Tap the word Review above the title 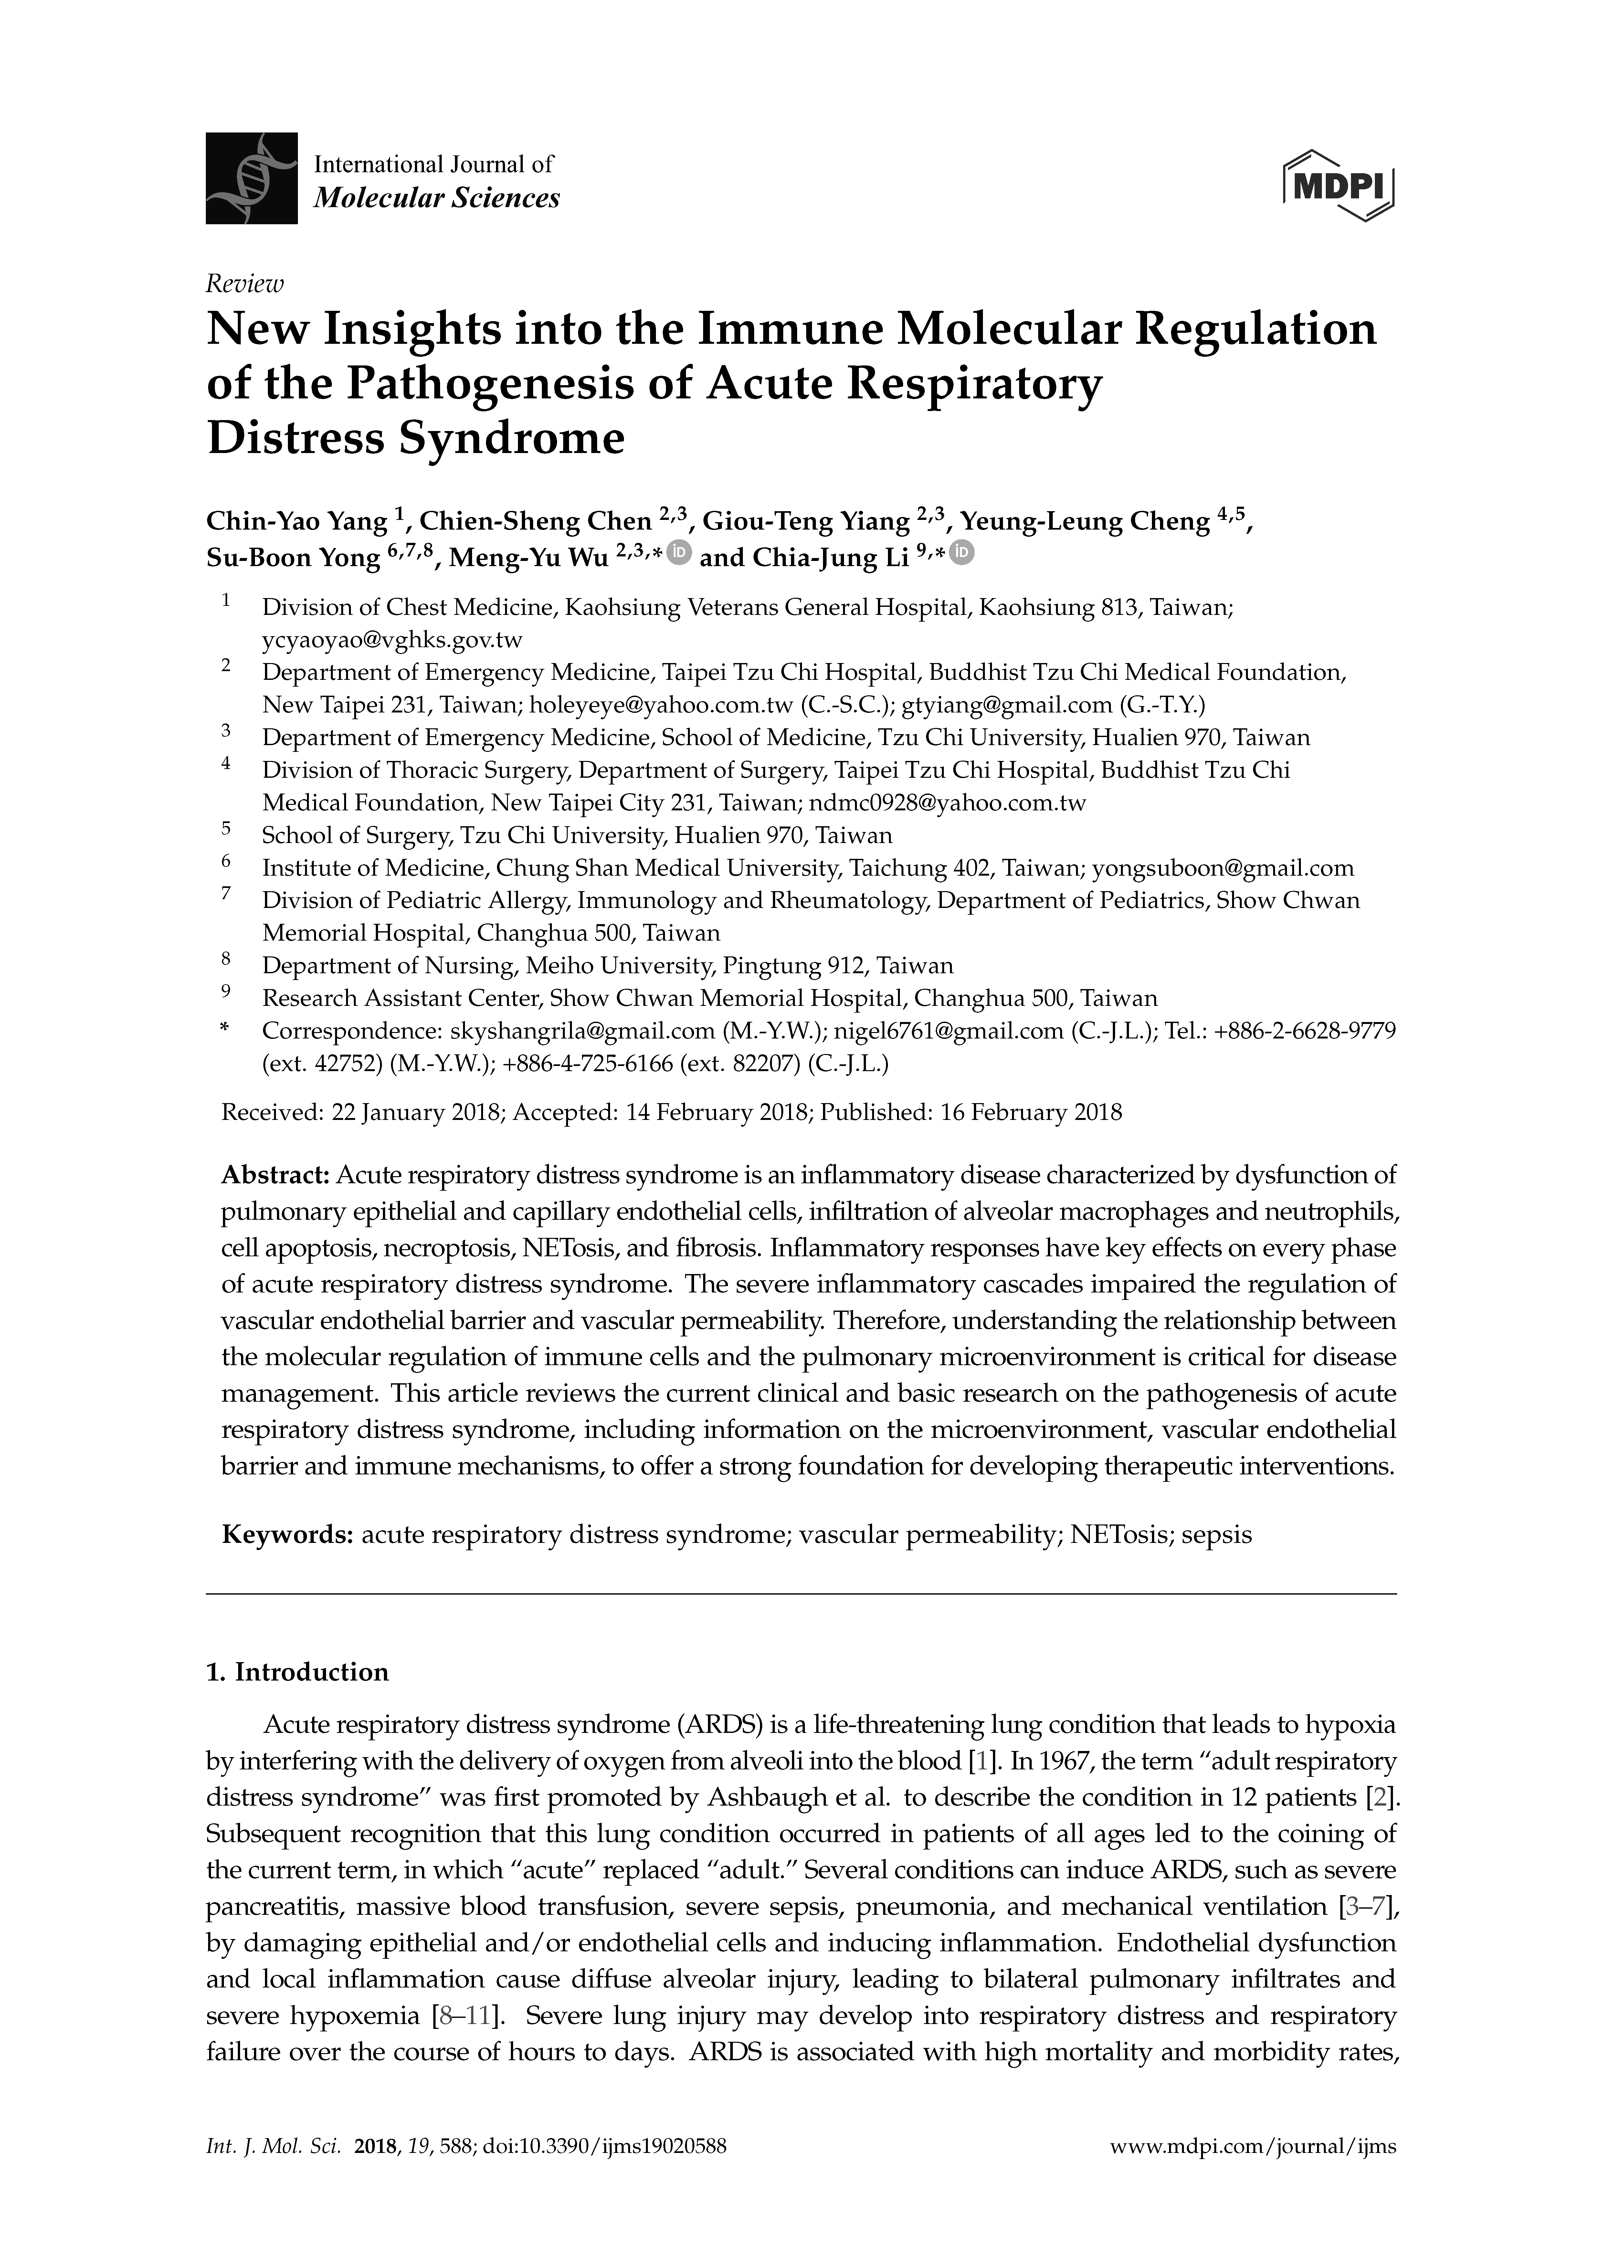click(x=244, y=284)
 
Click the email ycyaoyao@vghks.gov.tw click(x=392, y=640)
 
